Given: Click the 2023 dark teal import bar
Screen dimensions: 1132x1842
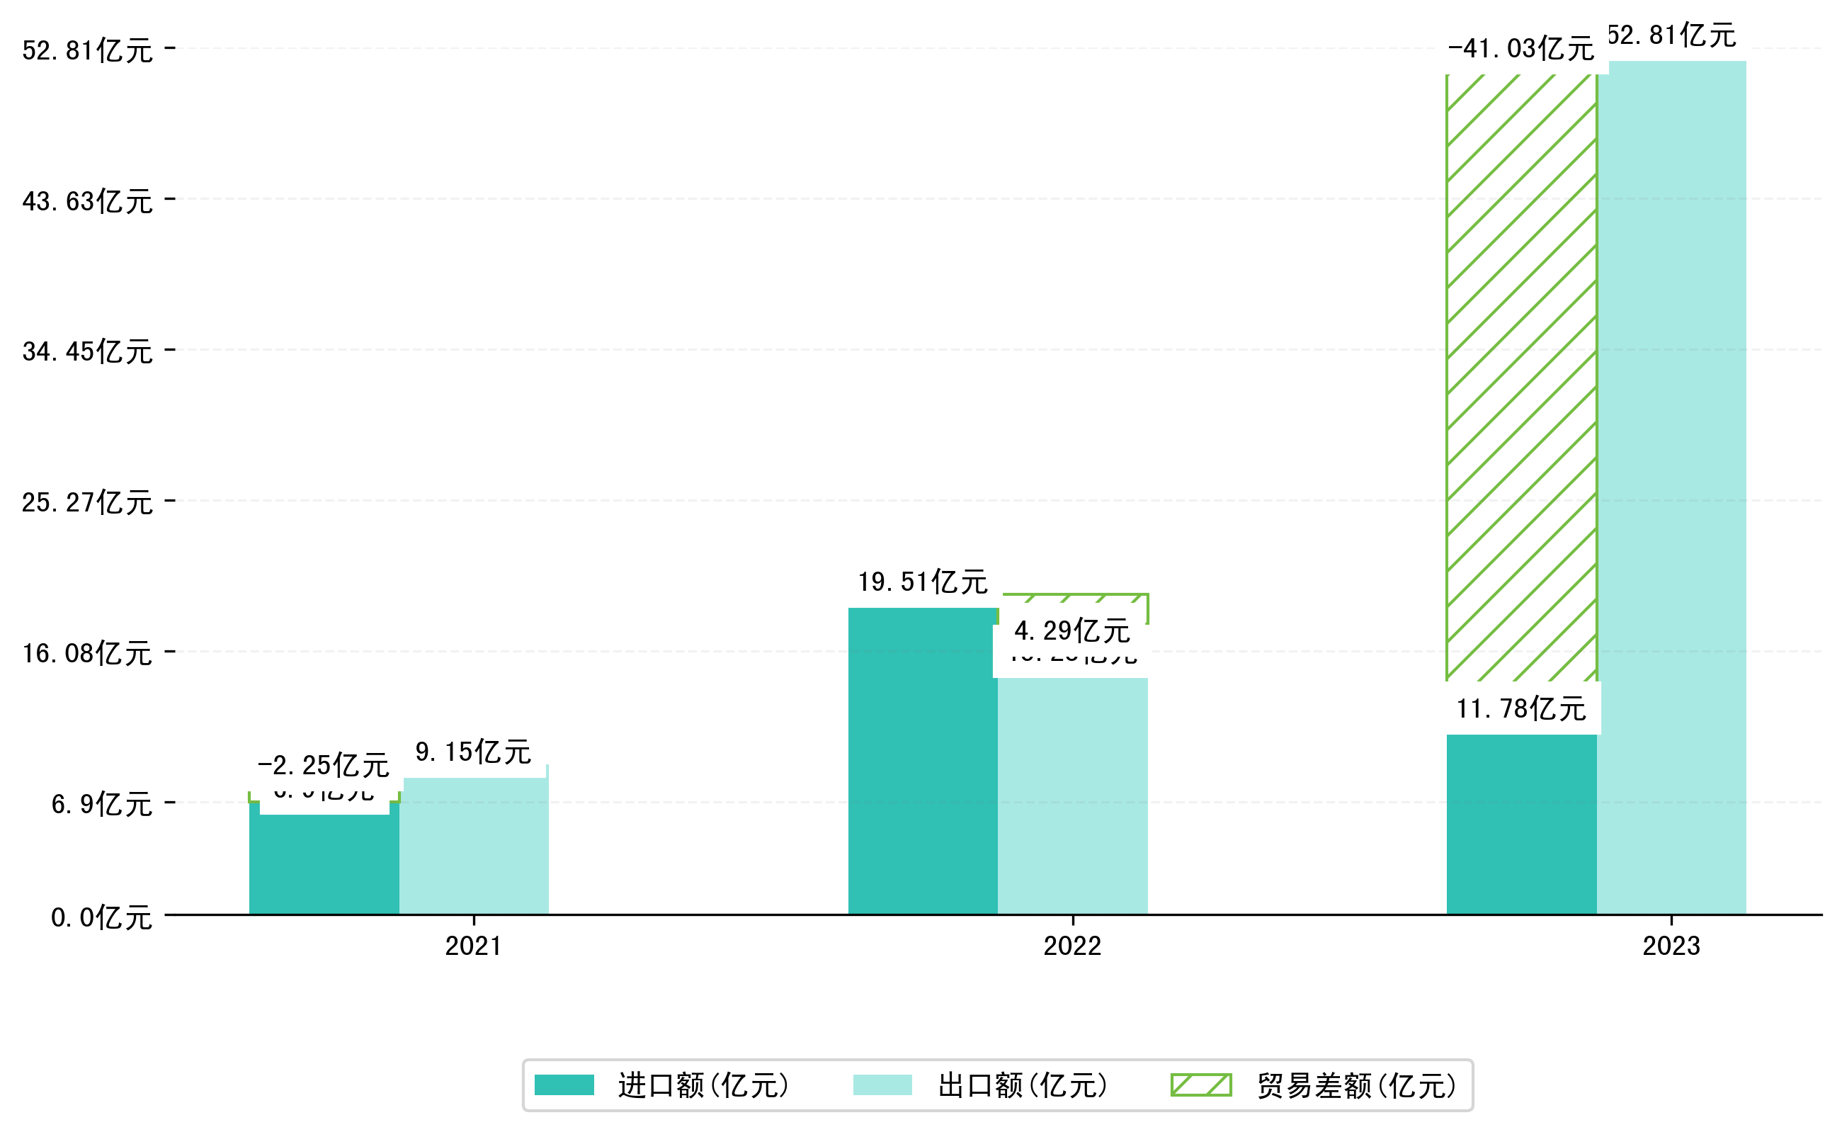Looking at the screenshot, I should coord(1521,825).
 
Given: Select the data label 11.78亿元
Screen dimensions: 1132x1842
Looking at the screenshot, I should coord(1521,709).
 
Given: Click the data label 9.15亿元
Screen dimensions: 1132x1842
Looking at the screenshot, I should coord(473,752).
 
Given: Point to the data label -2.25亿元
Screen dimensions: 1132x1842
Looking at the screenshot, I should coord(324,766).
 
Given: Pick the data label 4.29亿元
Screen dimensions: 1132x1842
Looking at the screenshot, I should coord(1071,631).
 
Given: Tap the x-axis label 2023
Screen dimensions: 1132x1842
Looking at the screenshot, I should coord(1671,946).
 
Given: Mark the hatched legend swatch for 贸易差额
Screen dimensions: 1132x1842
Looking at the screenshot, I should coord(1200,1085).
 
